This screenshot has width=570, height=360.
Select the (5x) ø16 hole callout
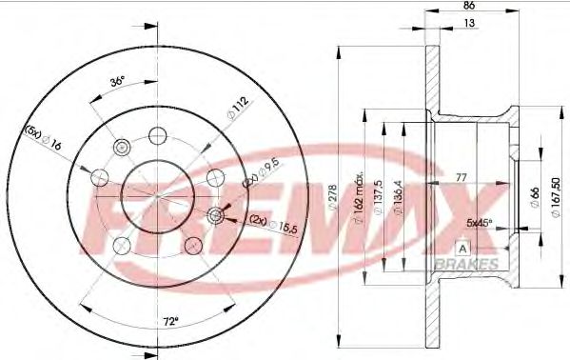[x=44, y=139]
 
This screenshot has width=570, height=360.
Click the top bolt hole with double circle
[x=121, y=147]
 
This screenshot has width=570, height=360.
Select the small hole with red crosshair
[x=214, y=216]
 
